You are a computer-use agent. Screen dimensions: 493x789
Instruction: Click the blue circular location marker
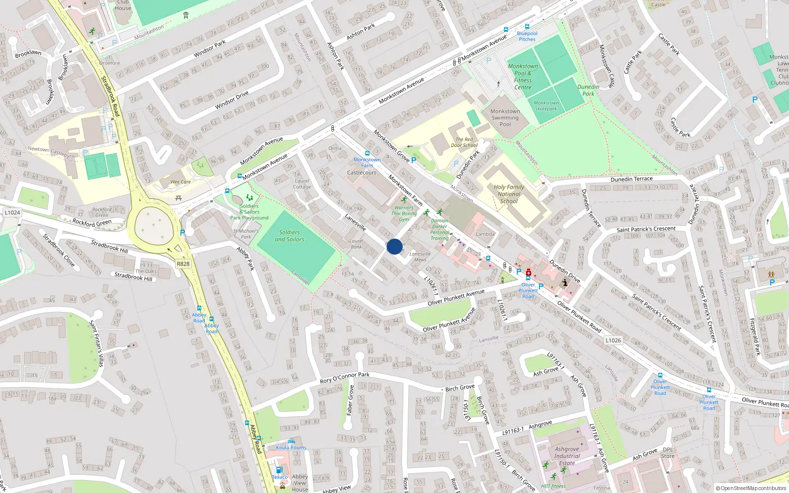tap(394, 246)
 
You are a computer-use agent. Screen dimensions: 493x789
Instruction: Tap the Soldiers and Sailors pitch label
tap(289, 236)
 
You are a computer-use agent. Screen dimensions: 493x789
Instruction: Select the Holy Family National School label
tap(509, 194)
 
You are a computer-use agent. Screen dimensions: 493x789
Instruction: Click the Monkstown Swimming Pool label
tap(505, 118)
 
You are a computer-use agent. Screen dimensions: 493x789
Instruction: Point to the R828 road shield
tap(183, 264)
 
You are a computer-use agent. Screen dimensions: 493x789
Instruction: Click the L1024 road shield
tap(12, 212)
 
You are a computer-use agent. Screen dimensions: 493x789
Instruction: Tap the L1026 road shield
tap(613, 340)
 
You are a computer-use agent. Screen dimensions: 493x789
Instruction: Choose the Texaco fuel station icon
tap(279, 470)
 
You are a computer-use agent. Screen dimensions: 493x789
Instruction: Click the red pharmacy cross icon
tap(529, 272)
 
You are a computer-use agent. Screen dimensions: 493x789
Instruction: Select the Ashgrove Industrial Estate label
tap(567, 456)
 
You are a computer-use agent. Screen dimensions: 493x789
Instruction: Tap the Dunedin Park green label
tap(588, 90)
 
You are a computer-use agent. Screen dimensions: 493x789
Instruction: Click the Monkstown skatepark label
tap(546, 106)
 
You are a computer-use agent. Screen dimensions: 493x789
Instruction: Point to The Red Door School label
tap(464, 142)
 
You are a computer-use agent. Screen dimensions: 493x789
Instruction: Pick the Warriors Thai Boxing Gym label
tap(404, 213)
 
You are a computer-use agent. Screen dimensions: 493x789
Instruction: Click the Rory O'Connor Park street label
tap(345, 378)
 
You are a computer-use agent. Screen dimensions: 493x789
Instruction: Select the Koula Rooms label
tap(291, 448)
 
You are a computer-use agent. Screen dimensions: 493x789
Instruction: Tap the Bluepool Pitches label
tap(527, 36)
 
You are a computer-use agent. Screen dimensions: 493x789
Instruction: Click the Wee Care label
tap(180, 182)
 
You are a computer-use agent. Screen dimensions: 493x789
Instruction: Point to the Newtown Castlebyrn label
tap(51, 152)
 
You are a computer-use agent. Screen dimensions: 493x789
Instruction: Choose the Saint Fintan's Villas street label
tap(96, 344)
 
